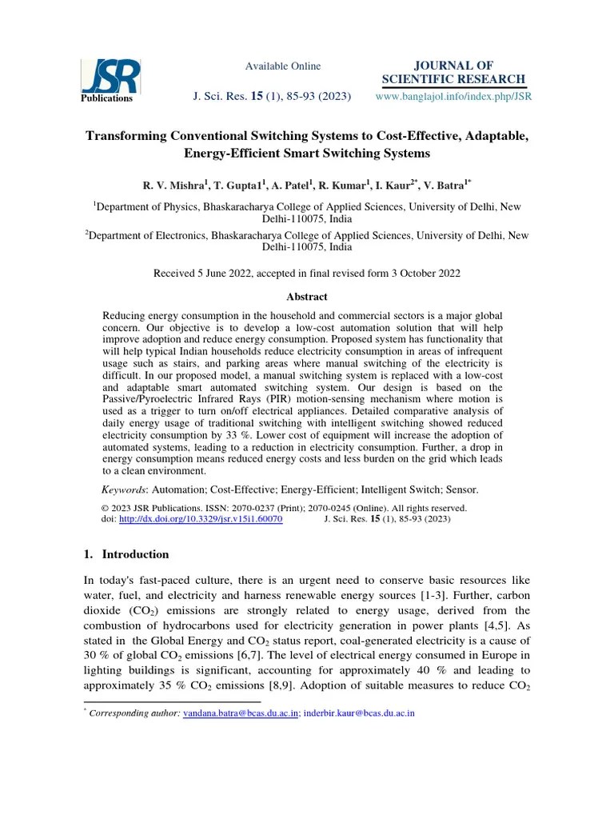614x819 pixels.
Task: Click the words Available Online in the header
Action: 282,66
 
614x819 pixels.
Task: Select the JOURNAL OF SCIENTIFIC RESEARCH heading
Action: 454,72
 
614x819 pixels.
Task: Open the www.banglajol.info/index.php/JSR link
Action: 453,97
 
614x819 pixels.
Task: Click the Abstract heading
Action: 306,297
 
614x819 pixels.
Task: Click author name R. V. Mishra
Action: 173,185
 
